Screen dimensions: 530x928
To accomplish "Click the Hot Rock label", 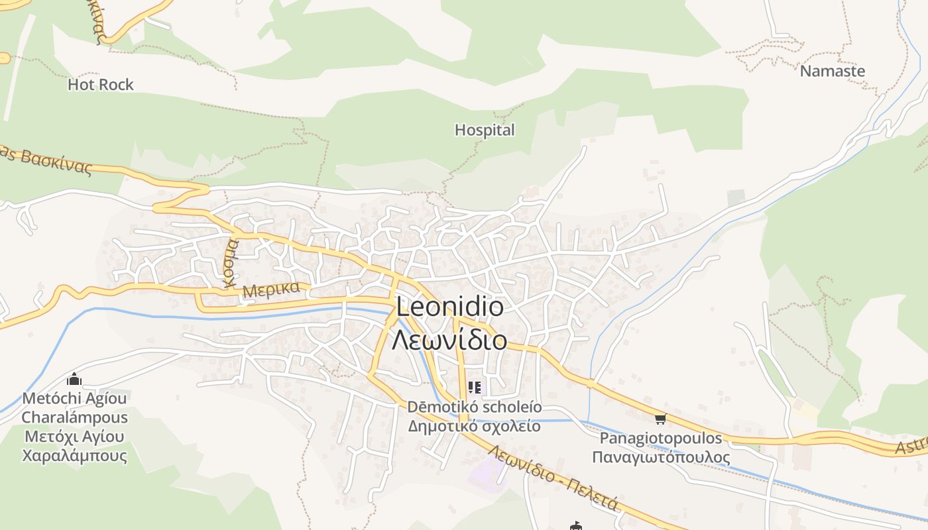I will tap(101, 85).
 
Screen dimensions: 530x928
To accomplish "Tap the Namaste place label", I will tap(833, 71).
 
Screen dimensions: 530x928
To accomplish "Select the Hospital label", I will tap(485, 131).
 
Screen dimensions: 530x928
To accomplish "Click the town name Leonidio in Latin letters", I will tap(449, 307).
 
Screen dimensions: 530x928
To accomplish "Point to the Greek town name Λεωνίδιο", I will tap(449, 340).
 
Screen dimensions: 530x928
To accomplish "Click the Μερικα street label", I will tap(276, 290).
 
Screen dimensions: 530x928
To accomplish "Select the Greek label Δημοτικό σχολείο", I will tap(475, 426).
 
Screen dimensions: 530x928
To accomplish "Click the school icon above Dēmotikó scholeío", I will tap(475, 387).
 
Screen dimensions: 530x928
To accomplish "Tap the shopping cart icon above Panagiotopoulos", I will tap(660, 419).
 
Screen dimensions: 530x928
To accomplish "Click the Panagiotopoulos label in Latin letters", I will tap(660, 438).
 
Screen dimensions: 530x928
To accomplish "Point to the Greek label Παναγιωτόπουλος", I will tap(660, 457).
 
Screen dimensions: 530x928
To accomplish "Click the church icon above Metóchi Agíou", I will tap(74, 380).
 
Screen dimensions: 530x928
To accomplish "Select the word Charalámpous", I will tap(74, 417).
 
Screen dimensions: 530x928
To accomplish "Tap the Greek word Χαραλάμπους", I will tap(74, 456).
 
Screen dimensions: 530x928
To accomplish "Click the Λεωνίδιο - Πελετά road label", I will tap(553, 477).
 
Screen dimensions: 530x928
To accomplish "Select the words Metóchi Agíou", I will tap(74, 398).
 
